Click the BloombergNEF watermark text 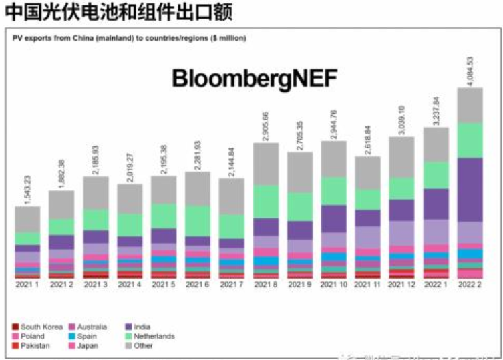tap(255, 78)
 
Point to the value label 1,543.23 tap(27, 188)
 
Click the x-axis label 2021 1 tap(27, 284)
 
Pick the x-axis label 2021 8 tap(265, 284)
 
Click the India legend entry tap(142, 327)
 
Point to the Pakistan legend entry tap(36, 345)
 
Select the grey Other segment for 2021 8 tap(265, 164)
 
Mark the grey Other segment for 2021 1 tap(27, 219)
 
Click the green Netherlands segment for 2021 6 tap(197, 220)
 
